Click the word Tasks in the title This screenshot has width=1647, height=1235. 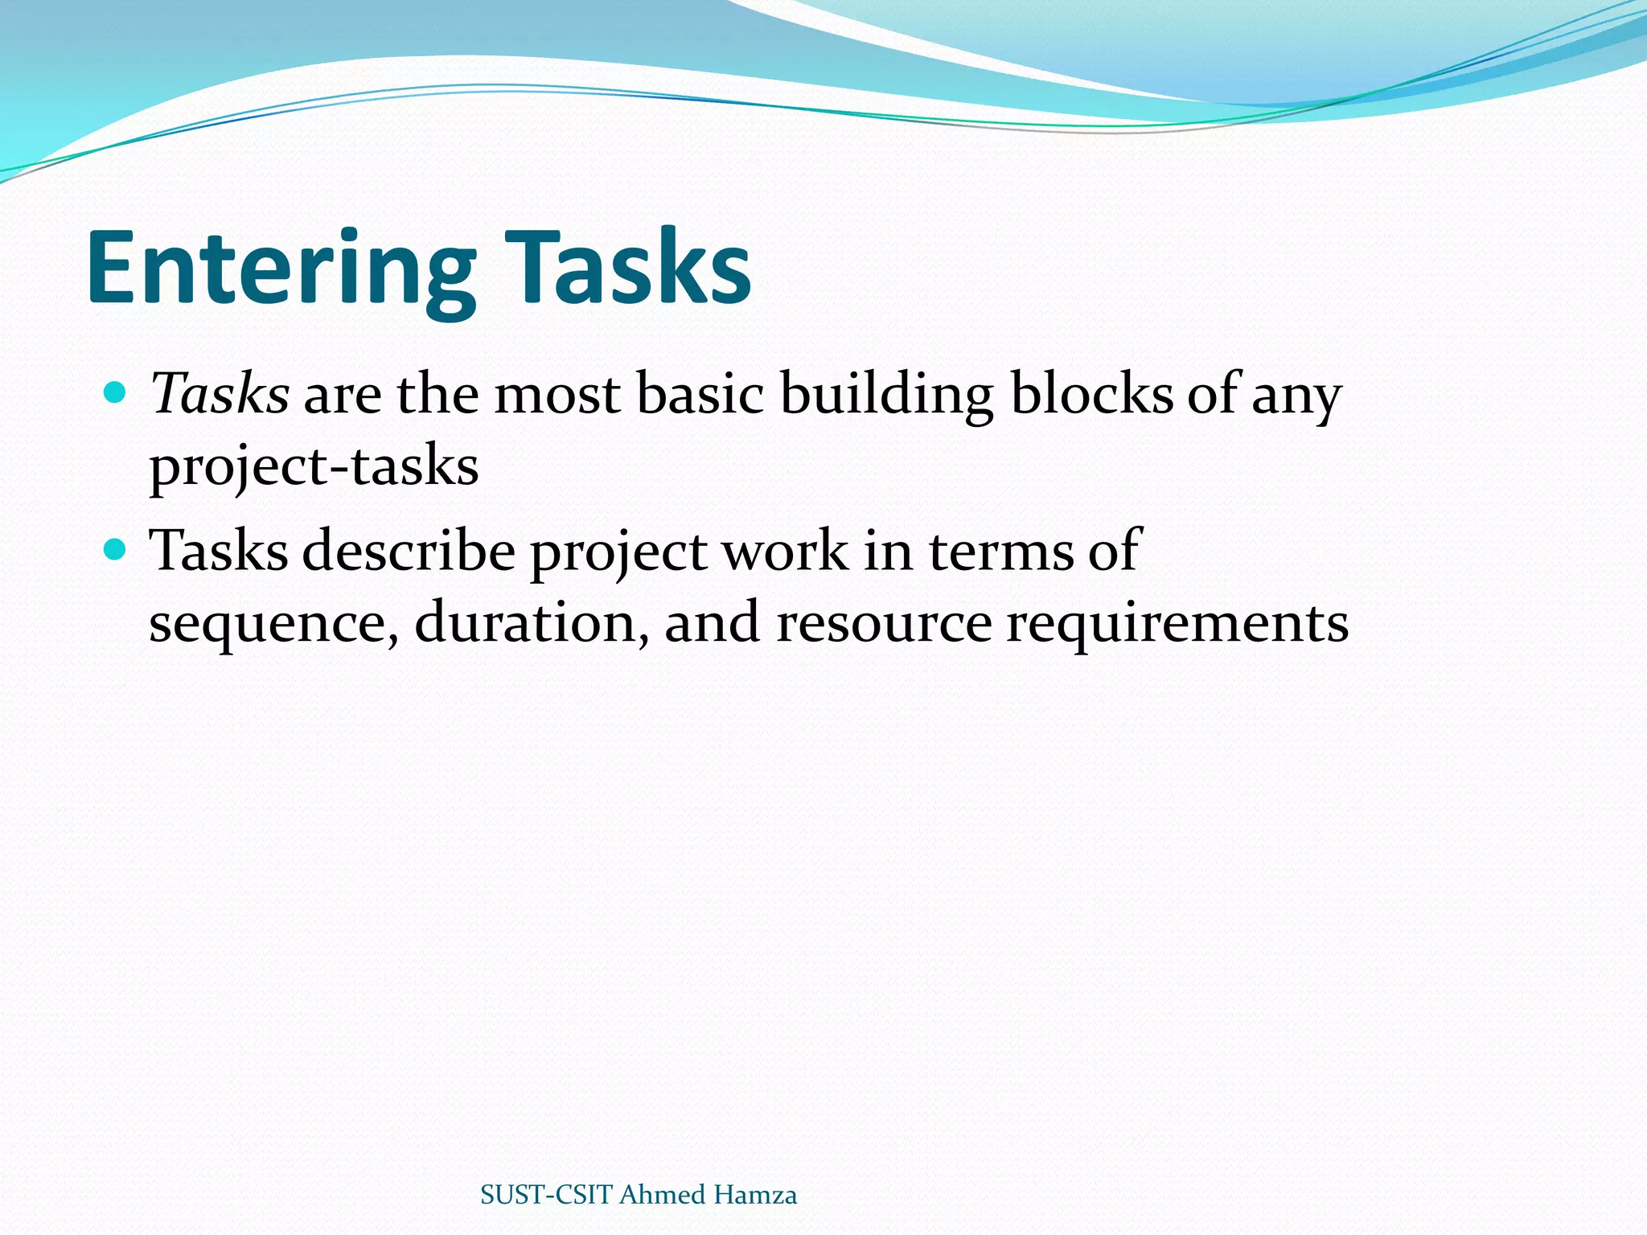point(632,267)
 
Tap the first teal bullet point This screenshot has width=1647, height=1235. point(116,393)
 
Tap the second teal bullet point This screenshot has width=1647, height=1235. point(116,550)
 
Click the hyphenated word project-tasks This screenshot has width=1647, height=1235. point(314,466)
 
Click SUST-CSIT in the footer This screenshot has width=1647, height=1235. point(546,1195)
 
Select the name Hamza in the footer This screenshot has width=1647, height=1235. point(755,1195)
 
